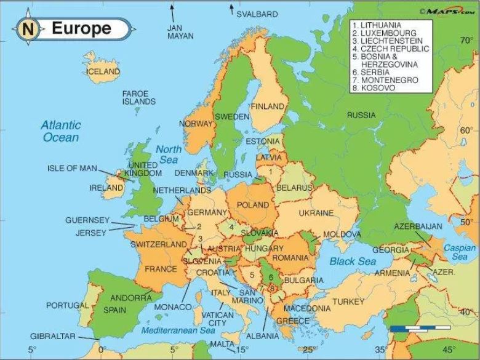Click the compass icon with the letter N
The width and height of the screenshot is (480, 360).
tap(28, 29)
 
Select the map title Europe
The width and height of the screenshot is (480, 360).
tap(81, 28)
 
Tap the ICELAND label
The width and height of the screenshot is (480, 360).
tap(103, 71)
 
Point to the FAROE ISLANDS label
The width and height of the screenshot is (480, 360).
tap(138, 97)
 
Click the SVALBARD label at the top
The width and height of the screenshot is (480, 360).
tap(257, 14)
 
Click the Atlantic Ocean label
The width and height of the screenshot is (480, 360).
tap(61, 131)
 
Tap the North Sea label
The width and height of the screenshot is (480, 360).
tap(168, 154)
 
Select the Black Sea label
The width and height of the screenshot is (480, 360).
tap(353, 262)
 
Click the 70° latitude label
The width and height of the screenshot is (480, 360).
tap(466, 41)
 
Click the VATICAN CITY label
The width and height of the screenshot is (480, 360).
tap(217, 319)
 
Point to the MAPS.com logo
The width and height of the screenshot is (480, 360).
tap(446, 10)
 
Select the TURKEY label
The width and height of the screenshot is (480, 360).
tap(349, 302)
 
